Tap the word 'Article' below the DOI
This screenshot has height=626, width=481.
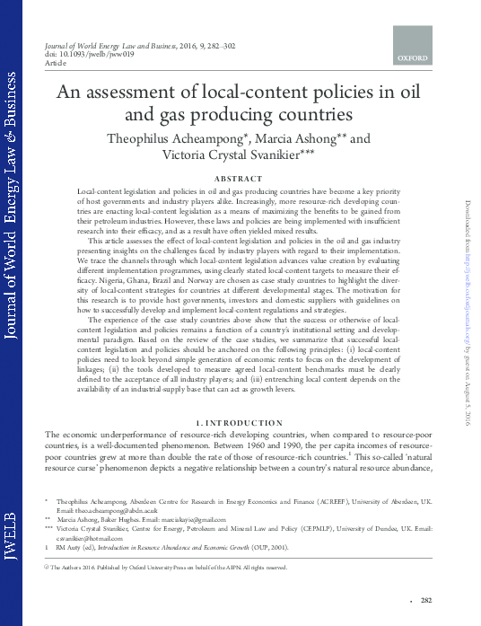54,63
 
